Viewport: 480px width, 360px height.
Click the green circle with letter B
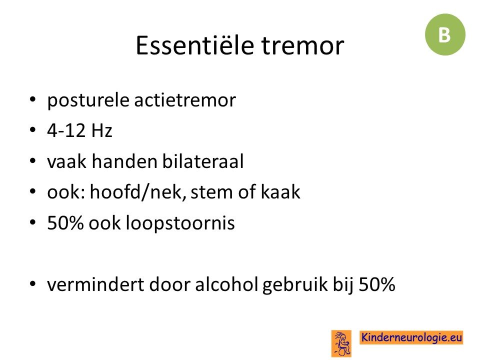coord(445,34)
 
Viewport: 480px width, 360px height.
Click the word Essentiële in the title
coord(195,45)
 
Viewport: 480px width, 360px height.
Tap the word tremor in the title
coord(303,46)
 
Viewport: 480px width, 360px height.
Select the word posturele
coord(88,100)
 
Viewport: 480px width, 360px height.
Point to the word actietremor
coord(185,100)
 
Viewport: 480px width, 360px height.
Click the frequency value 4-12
coord(66,130)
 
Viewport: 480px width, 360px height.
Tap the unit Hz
coord(101,130)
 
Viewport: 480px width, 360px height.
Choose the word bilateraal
coord(203,161)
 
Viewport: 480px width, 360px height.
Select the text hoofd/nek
coord(138,192)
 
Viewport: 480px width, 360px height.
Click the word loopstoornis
coord(180,223)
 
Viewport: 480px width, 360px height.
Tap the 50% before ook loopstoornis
coord(65,222)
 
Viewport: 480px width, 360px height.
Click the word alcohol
coord(226,284)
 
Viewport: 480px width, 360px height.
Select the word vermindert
coord(96,284)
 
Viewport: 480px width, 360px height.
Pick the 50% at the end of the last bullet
coord(377,284)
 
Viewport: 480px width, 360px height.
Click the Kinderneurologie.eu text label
coord(411,337)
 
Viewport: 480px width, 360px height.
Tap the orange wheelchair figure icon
coord(341,343)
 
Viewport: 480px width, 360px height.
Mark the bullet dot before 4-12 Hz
coord(33,130)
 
